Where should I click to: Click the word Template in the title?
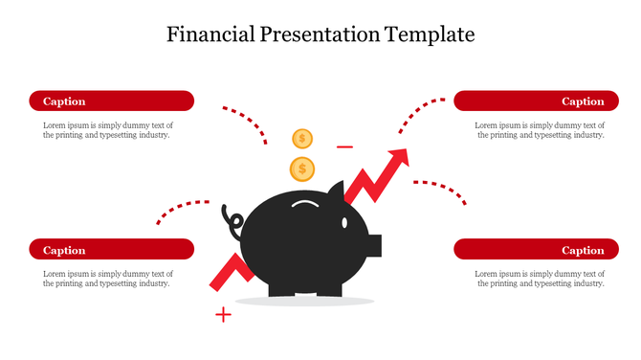click(x=430, y=35)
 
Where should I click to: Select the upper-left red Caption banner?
click(x=111, y=101)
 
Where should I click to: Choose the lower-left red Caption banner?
click(x=111, y=250)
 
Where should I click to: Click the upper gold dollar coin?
click(x=302, y=139)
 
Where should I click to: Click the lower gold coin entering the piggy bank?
click(x=302, y=169)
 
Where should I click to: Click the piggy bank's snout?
click(x=375, y=245)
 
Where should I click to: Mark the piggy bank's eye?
click(x=344, y=221)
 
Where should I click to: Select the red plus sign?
click(x=223, y=314)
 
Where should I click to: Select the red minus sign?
click(x=345, y=147)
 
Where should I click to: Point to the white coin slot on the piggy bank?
click(x=305, y=204)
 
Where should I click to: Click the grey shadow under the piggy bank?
click(x=304, y=302)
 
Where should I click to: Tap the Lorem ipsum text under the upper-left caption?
click(x=107, y=130)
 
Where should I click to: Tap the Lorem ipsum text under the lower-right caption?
click(x=540, y=279)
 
